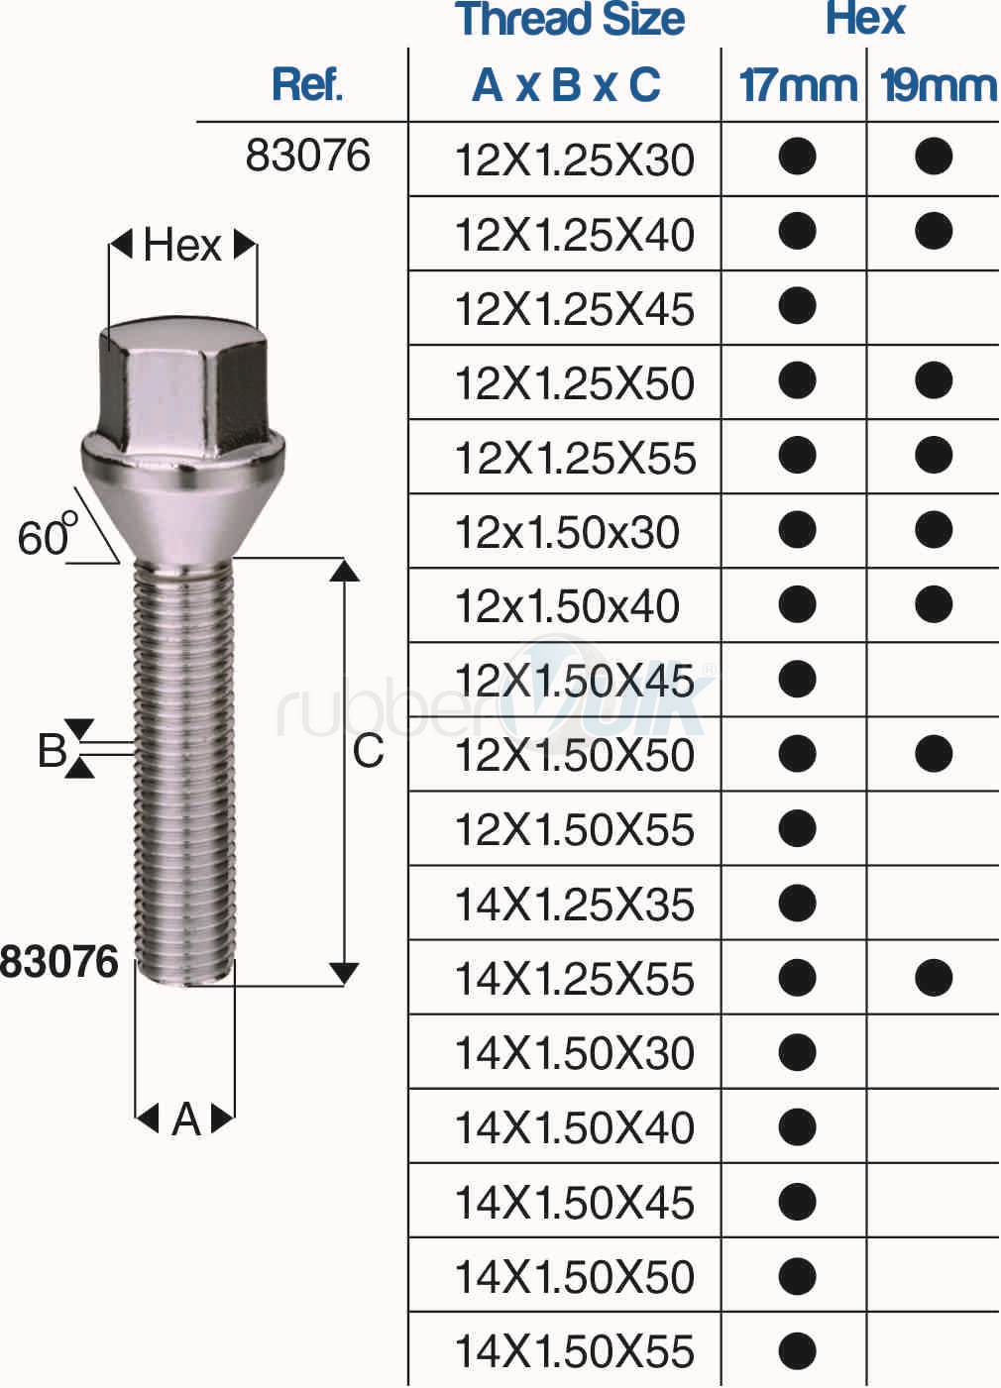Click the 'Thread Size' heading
[x=570, y=19]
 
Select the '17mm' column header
[x=798, y=85]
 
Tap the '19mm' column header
[x=939, y=85]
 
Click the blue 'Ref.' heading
[x=307, y=84]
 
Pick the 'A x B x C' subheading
[x=566, y=85]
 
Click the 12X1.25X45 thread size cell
[x=575, y=308]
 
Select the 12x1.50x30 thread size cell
[x=567, y=532]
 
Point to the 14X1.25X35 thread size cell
[x=575, y=905]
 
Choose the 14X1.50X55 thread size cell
[x=575, y=1351]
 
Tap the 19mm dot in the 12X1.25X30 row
[x=934, y=157]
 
